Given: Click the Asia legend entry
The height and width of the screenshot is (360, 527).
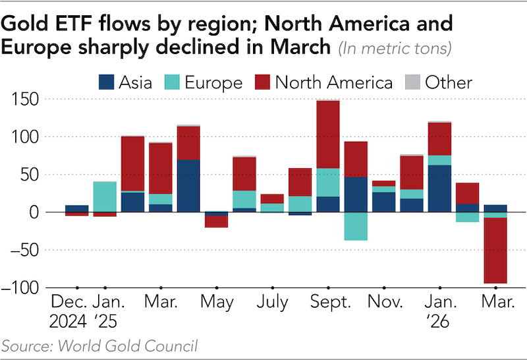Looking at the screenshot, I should (x=125, y=82).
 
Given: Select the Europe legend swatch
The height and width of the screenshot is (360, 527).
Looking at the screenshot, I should (x=171, y=82).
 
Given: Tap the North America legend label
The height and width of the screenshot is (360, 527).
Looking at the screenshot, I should (x=333, y=82).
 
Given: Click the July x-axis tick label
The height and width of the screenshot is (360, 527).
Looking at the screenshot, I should (x=273, y=303).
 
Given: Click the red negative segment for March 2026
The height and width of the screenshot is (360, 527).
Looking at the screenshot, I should (x=495, y=251).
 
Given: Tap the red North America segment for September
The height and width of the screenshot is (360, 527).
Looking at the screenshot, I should (x=327, y=135).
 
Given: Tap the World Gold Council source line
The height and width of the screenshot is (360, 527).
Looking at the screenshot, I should (x=99, y=345).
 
